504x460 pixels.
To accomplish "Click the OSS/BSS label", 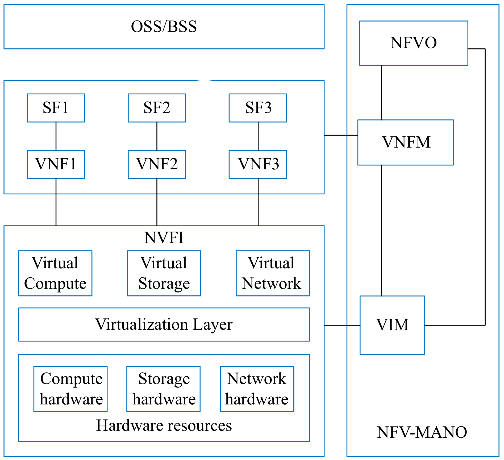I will click(x=164, y=27).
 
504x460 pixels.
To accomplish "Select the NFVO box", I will click(x=413, y=43).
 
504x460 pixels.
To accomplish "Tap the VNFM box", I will click(x=405, y=142).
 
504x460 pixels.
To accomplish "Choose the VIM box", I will click(x=392, y=325).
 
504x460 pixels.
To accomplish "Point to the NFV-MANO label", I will click(x=422, y=432).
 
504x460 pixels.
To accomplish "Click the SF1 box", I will click(x=56, y=108).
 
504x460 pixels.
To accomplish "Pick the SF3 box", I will click(x=258, y=108).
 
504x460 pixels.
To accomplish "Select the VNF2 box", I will click(x=157, y=164).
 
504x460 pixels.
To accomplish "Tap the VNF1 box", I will click(x=56, y=164).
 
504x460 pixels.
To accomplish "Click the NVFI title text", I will click(x=164, y=237).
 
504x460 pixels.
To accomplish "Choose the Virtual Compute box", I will click(x=55, y=273).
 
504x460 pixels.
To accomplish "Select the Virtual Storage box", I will click(x=164, y=273).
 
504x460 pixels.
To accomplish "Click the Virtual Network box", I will click(x=273, y=273).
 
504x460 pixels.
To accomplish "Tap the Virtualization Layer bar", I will click(x=164, y=324).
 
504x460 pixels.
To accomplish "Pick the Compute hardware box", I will click(x=70, y=389).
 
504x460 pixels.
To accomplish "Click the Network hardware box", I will click(x=257, y=389).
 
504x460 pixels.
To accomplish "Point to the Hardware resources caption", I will click(x=164, y=425).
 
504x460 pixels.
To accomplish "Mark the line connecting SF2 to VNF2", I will click(x=157, y=136).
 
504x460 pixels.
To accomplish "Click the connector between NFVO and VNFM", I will click(x=381, y=93).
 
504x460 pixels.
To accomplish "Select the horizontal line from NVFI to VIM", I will click(x=342, y=325).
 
